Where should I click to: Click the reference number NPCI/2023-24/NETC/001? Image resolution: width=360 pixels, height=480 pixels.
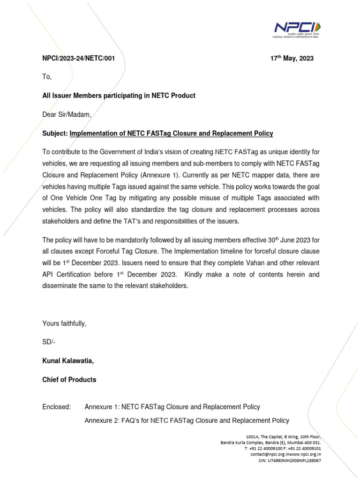pyautogui.click(x=78, y=59)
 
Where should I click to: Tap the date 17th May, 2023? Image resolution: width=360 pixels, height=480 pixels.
pyautogui.click(x=292, y=59)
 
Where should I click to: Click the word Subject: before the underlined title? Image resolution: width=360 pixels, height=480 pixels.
pyautogui.click(x=55, y=134)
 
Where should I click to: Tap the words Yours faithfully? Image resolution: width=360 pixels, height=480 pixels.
pyautogui.click(x=64, y=323)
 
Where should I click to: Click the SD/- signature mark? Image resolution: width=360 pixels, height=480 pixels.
pyautogui.click(x=49, y=342)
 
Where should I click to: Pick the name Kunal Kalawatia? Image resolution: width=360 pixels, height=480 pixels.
pyautogui.click(x=70, y=361)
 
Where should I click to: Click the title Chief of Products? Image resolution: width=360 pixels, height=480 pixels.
pyautogui.click(x=69, y=380)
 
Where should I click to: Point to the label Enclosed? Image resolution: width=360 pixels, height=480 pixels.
pyautogui.click(x=56, y=407)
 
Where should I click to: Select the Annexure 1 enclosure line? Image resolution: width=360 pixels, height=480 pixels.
pyautogui.click(x=172, y=407)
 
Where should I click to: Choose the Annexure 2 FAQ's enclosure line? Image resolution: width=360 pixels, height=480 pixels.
pyautogui.click(x=187, y=420)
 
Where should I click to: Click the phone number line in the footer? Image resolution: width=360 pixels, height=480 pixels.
pyautogui.click(x=282, y=448)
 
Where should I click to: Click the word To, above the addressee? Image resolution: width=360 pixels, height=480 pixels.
pyautogui.click(x=47, y=77)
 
